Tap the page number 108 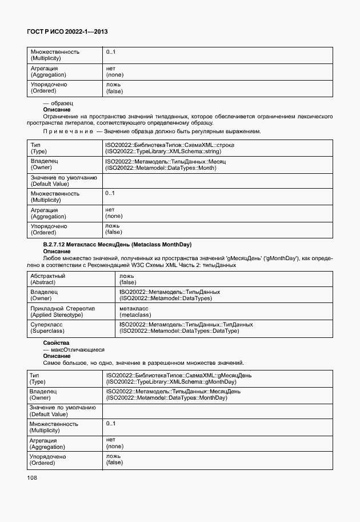click(32, 477)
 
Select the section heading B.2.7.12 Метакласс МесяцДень click(117, 245)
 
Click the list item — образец click(58, 103)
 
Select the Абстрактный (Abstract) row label click(48, 279)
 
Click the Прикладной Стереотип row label click(63, 308)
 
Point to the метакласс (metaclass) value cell click(135, 312)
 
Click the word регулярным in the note click(206, 132)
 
